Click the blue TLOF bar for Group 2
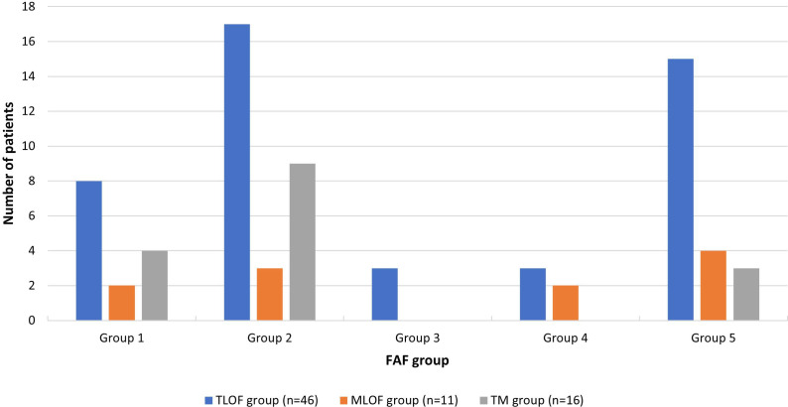(237, 172)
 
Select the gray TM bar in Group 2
(303, 241)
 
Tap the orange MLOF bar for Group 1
(122, 303)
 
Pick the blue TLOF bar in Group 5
(681, 190)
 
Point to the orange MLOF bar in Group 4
(566, 303)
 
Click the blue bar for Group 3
(385, 294)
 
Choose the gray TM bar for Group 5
(745, 294)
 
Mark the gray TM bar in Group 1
(155, 286)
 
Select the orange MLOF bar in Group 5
(714, 286)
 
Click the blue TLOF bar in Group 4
(533, 294)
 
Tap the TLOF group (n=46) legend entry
(261, 400)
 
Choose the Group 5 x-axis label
(714, 339)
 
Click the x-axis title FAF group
(418, 360)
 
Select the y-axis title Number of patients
(9, 163)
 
